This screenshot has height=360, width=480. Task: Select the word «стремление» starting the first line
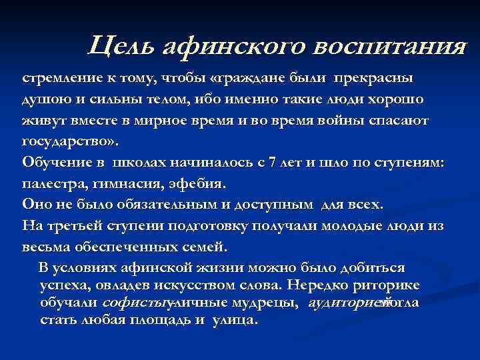(x=59, y=78)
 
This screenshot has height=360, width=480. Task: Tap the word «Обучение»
(x=54, y=163)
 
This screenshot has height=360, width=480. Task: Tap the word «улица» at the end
(x=234, y=321)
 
